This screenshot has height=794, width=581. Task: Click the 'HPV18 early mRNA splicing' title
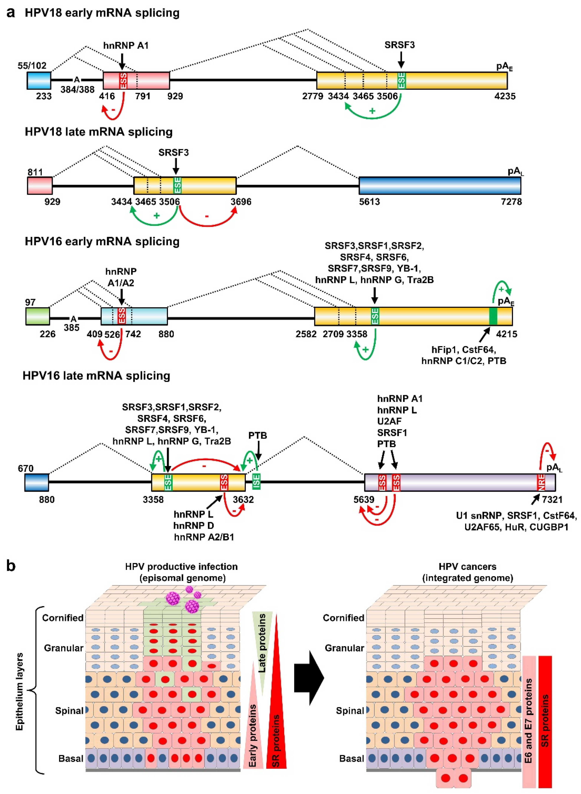point(102,13)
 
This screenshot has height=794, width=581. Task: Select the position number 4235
point(505,96)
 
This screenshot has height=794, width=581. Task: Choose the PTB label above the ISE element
point(258,435)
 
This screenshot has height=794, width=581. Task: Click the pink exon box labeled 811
point(40,185)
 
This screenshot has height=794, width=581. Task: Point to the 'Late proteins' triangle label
point(262,643)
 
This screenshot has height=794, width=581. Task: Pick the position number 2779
point(313,96)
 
